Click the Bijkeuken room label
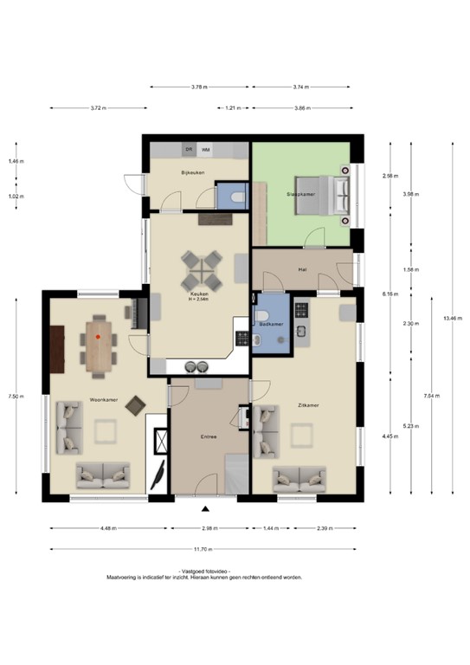(x=190, y=173)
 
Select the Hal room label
(x=302, y=268)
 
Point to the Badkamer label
(x=272, y=323)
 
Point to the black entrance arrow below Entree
(x=205, y=508)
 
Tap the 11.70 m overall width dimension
(x=203, y=548)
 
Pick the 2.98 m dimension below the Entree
(x=208, y=527)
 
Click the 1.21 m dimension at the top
(x=232, y=108)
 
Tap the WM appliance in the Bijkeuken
(x=205, y=150)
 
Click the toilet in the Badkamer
(x=258, y=341)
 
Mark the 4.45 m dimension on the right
(x=390, y=436)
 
